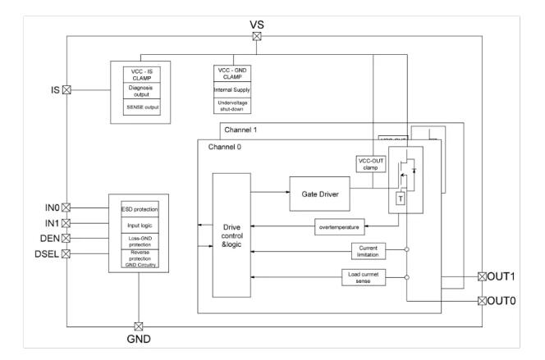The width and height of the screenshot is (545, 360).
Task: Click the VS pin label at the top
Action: point(256,24)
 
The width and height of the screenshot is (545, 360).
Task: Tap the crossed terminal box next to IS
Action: point(67,89)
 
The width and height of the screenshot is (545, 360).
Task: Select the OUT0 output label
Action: point(502,302)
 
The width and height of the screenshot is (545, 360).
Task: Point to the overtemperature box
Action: point(339,225)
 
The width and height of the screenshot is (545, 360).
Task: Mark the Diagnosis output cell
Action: point(139,90)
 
